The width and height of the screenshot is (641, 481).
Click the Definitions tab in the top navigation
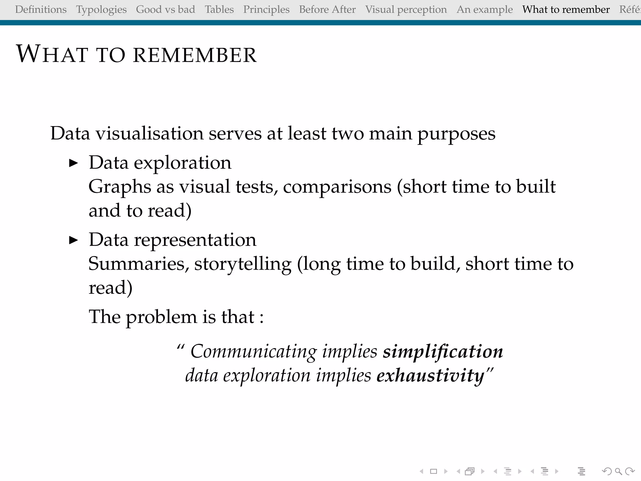coord(41,10)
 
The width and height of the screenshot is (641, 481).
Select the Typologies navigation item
coord(101,10)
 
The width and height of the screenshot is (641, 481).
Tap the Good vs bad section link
coord(165,10)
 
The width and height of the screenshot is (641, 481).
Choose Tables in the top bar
coord(219,10)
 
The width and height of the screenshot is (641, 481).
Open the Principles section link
coord(266,10)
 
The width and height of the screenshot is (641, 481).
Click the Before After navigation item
coord(327,10)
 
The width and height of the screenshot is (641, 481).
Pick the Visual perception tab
coord(406,10)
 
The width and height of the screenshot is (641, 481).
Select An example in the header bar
coord(485,10)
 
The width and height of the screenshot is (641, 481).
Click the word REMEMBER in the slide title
coord(195,55)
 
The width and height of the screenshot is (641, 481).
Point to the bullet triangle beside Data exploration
coord(73,163)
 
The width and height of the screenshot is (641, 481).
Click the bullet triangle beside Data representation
coord(73,240)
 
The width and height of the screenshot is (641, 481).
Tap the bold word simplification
coord(443,351)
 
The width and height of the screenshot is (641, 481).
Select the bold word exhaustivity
coord(431,375)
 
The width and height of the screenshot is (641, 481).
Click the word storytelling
coord(243,264)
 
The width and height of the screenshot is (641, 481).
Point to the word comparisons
coord(337,187)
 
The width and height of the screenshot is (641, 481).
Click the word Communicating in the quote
coord(254,351)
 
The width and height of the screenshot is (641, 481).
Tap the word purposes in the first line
coord(456,134)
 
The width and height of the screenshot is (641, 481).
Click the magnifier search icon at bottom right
coord(618,471)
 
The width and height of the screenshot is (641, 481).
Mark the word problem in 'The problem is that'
coord(161,317)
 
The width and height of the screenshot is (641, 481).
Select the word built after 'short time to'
coord(536,187)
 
